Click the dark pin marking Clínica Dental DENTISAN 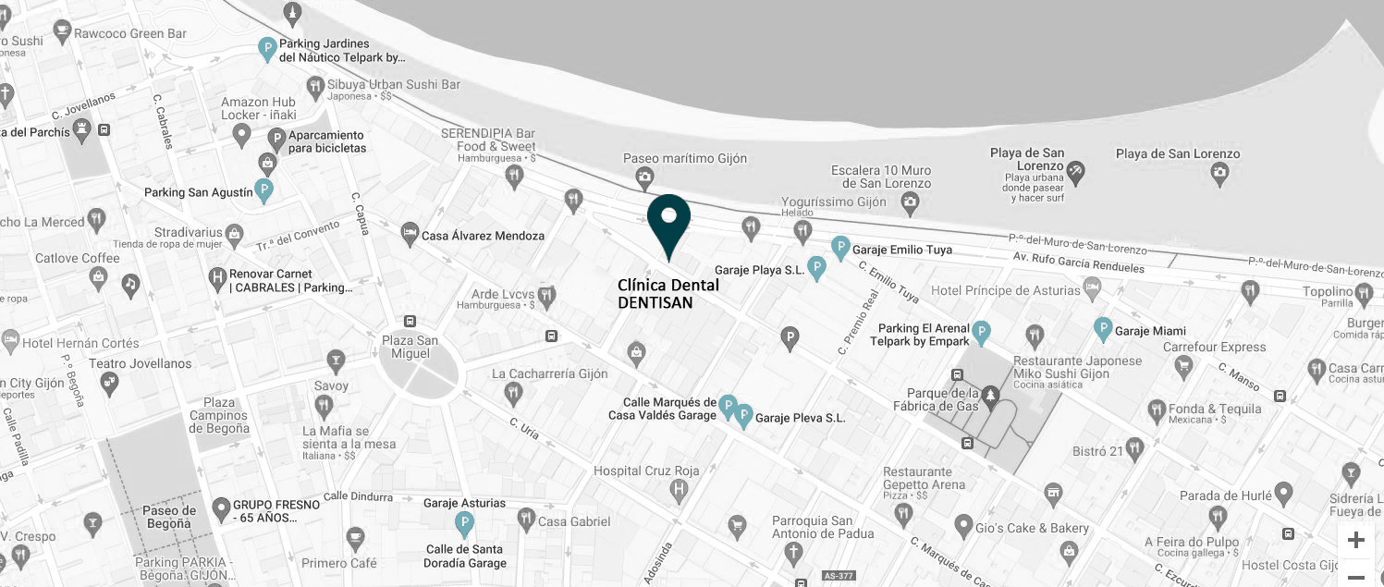(668, 220)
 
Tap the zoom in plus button (1355, 540)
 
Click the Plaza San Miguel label (410, 348)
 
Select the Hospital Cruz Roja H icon (680, 488)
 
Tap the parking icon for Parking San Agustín (264, 191)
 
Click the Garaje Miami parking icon (1102, 328)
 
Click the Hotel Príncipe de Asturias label (1005, 291)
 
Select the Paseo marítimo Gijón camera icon (644, 177)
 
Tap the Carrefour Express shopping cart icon (1183, 367)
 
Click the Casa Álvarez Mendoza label (483, 236)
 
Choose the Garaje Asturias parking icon (465, 524)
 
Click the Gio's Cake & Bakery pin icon (963, 527)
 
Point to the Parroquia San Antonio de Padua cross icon (792, 554)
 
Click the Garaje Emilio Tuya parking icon (840, 247)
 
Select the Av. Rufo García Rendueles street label (1078, 263)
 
